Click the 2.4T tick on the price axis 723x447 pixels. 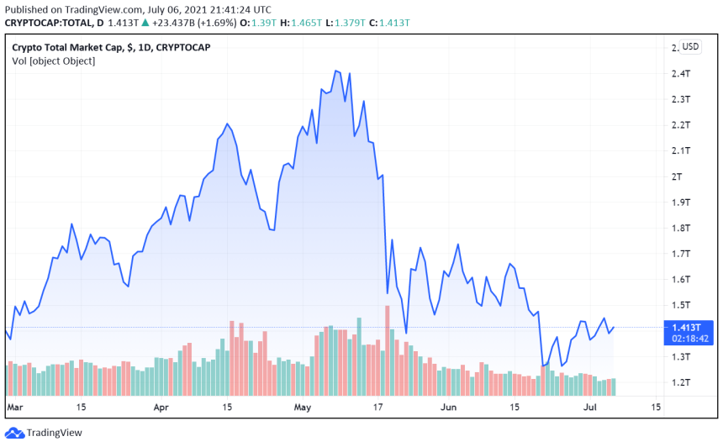[680, 74]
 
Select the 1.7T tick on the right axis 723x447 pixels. [680, 254]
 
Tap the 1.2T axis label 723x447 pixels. [680, 382]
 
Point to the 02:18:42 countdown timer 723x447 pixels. [689, 339]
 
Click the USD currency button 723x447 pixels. [690, 46]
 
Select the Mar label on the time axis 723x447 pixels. [13, 407]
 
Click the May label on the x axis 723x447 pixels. [303, 407]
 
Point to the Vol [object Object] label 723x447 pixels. [54, 60]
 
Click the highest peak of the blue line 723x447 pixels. [336, 71]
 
